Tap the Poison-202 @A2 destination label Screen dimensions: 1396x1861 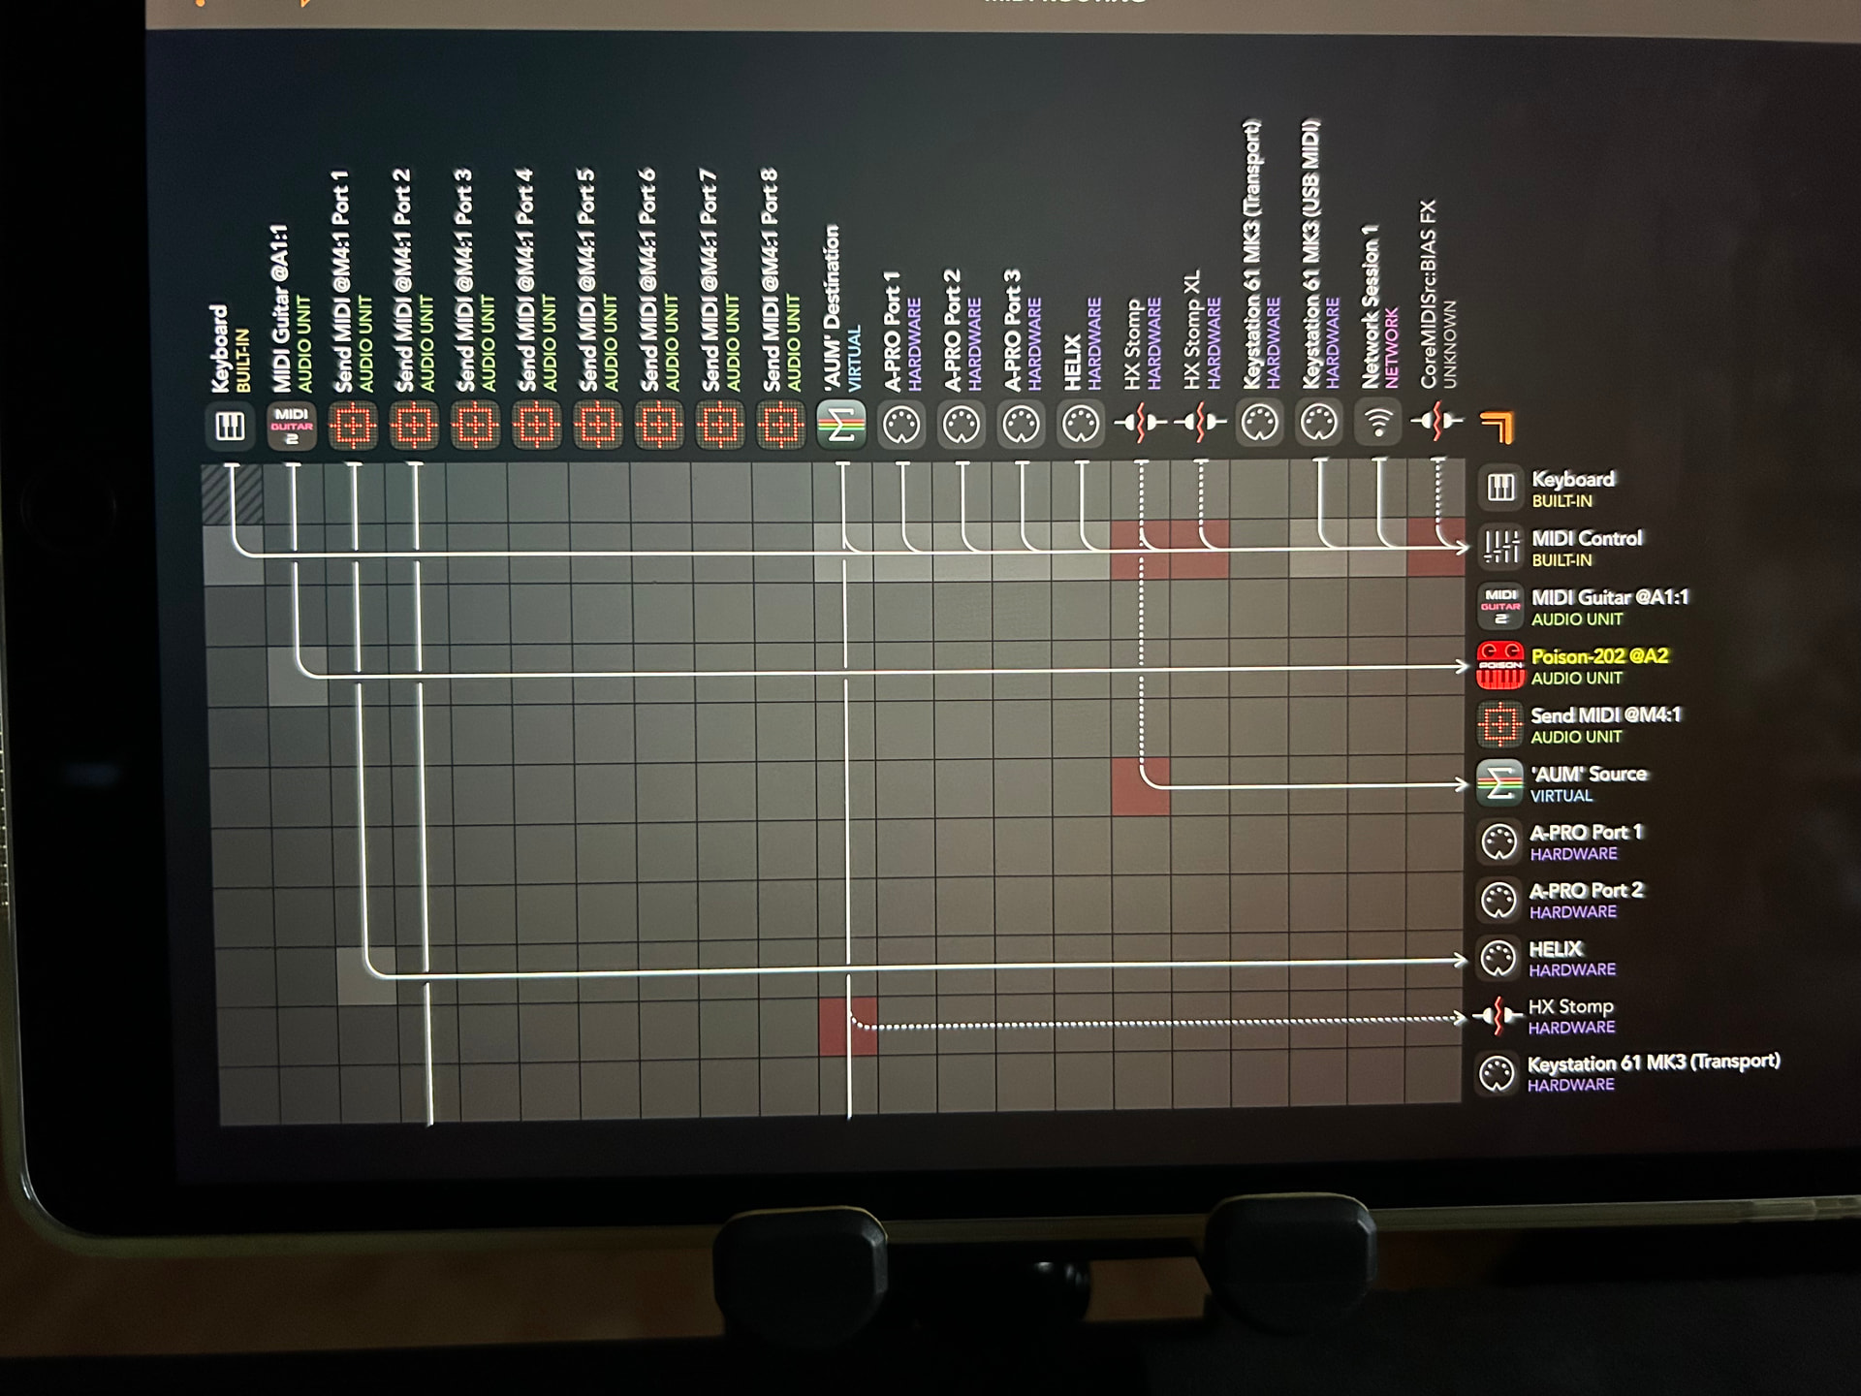tap(1599, 656)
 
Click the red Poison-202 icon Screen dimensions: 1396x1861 tap(1499, 666)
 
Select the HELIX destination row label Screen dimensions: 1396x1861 tap(1556, 949)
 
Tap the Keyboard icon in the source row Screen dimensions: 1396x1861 tap(230, 426)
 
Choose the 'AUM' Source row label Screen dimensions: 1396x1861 tap(1588, 774)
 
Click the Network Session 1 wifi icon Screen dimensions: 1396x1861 tap(1378, 423)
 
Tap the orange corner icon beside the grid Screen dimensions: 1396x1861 tap(1498, 426)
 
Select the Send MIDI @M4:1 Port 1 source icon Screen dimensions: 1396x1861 tap(353, 427)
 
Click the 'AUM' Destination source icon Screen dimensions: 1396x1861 tap(840, 425)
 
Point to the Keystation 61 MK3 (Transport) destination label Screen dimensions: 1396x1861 tap(1653, 1063)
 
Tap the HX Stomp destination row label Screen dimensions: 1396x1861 tap(1570, 1006)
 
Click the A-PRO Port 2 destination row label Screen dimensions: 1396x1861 tap(1586, 890)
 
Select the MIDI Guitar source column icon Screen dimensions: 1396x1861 tap(291, 427)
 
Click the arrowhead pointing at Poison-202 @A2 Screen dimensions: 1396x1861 tap(1462, 666)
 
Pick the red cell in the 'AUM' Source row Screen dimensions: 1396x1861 tap(1140, 786)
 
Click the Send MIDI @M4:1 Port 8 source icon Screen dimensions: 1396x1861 tap(781, 426)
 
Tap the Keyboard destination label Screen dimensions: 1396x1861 tap(1572, 479)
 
